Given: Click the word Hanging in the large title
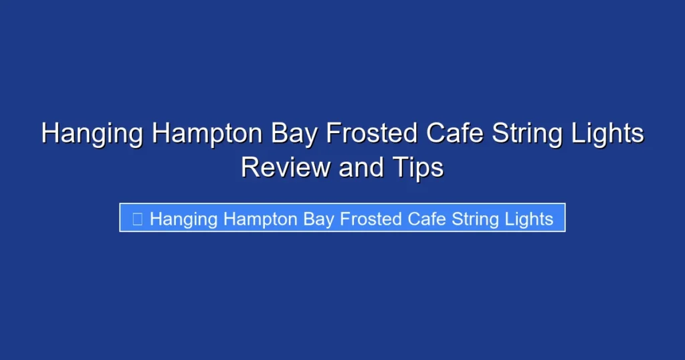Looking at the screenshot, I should coord(91,134).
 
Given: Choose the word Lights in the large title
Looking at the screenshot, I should coord(609,134).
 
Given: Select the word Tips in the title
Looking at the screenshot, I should coord(418,167).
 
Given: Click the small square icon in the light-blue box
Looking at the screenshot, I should coord(137,219).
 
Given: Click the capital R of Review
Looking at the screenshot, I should coord(249,167).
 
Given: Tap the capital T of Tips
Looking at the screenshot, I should coord(399,167).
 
